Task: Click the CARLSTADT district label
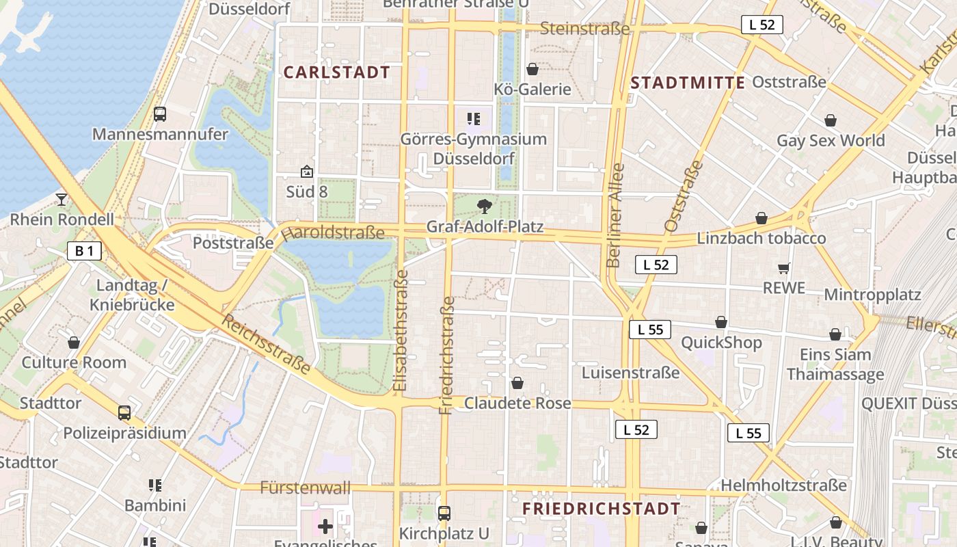[337, 72]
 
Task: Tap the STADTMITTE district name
[688, 83]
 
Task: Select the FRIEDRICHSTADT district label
[602, 509]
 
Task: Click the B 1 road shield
[84, 251]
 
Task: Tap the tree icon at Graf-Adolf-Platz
[484, 206]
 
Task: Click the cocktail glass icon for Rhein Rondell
[62, 199]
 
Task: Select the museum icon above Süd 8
[306, 172]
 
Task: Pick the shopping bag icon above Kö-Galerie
[533, 69]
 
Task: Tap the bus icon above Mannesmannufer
[160, 114]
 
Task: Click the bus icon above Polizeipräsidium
[124, 413]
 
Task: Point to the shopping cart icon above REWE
[783, 268]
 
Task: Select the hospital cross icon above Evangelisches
[325, 526]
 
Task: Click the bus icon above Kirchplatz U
[444, 513]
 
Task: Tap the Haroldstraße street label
[332, 232]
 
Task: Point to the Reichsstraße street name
[267, 345]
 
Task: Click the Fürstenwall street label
[306, 488]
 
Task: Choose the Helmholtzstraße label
[784, 485]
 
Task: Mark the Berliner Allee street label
[615, 215]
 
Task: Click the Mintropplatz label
[873, 295]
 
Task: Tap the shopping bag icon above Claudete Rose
[517, 383]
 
